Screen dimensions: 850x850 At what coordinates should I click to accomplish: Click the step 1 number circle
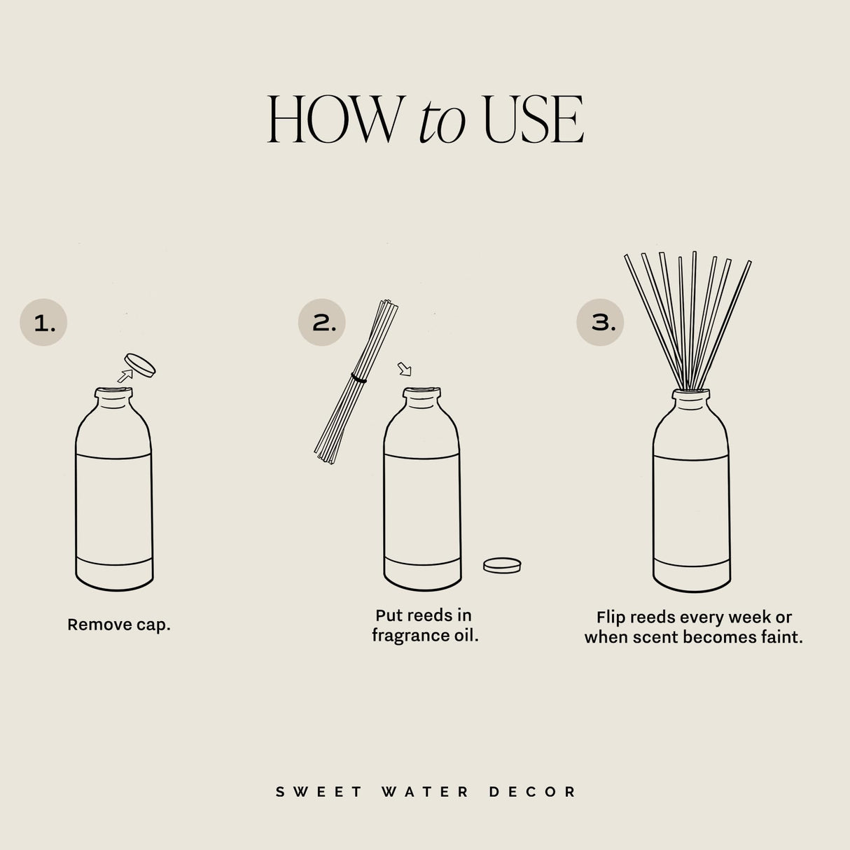click(x=43, y=323)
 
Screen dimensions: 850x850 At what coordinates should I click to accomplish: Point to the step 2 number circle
click(x=322, y=323)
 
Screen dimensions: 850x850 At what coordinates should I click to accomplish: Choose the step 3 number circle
click(x=601, y=323)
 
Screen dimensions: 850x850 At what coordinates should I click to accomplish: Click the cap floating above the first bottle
click(x=140, y=365)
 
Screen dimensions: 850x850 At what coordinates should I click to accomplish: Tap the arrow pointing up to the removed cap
click(x=125, y=376)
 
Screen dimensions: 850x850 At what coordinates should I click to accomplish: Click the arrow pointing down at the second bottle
click(x=405, y=368)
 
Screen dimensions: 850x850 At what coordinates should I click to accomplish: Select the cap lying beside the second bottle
click(x=502, y=565)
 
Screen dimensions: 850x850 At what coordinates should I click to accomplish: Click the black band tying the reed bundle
click(x=359, y=378)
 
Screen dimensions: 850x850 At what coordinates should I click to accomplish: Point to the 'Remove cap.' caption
click(x=119, y=625)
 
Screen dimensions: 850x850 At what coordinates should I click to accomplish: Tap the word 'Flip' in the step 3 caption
click(x=611, y=618)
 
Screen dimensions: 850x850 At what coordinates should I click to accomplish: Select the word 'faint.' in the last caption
click(x=782, y=637)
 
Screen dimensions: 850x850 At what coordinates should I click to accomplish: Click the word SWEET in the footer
click(x=319, y=792)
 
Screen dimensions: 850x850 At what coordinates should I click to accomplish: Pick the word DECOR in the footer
click(x=532, y=792)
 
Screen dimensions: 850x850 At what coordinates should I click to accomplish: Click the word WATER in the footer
click(x=425, y=792)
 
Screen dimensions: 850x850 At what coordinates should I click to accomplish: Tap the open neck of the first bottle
click(x=114, y=397)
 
